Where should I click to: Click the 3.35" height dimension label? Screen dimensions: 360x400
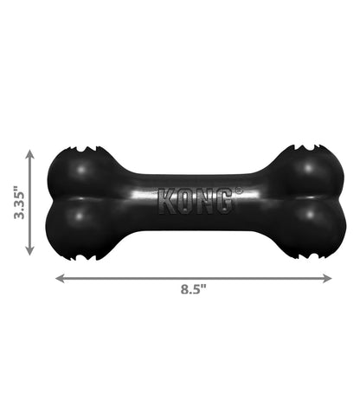tap(20, 203)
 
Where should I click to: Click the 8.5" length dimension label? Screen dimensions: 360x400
tap(194, 289)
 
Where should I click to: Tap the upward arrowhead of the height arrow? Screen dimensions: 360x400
tap(29, 154)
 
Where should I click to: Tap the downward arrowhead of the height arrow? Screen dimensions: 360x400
tap(29, 250)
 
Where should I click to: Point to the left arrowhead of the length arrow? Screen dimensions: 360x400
tap(60, 278)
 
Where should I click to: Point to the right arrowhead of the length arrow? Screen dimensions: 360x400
tap(327, 278)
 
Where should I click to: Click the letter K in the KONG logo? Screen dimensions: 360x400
tap(167, 201)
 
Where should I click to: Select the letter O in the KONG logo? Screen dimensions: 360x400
tap(186, 201)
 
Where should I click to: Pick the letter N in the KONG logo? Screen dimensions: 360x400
tap(204, 201)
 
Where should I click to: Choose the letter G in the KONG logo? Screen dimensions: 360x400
tap(222, 201)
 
